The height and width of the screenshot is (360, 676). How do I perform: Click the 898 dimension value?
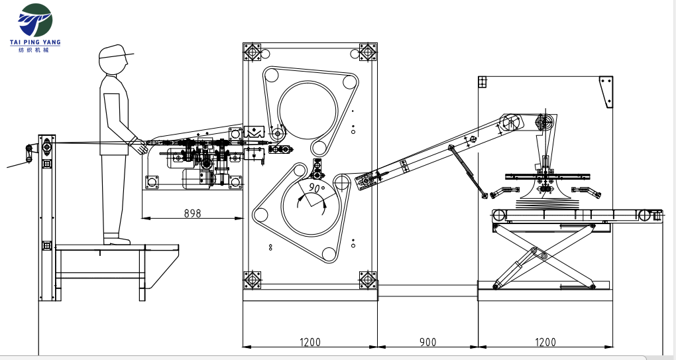[192, 213]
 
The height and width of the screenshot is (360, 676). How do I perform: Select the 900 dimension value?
[427, 342]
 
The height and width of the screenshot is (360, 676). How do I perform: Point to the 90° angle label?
[317, 188]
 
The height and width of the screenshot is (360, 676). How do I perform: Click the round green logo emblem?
[35, 21]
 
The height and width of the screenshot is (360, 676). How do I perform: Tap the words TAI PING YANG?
[35, 42]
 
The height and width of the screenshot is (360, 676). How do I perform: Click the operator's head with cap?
[115, 59]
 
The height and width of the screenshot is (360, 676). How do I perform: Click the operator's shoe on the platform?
[117, 241]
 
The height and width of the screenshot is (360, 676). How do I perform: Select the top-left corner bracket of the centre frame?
[253, 52]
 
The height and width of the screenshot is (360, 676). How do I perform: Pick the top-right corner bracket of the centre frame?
[368, 52]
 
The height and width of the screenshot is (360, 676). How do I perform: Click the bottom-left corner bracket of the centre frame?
[253, 280]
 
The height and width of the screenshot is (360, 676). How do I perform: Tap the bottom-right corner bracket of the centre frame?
[368, 280]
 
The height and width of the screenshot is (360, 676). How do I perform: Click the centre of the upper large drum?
[308, 110]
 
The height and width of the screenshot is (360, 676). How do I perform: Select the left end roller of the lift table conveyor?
[499, 215]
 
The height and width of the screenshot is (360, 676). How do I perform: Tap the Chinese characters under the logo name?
[35, 50]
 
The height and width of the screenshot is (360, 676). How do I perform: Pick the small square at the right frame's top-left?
[482, 82]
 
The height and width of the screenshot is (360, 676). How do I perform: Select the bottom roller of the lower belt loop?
[329, 255]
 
